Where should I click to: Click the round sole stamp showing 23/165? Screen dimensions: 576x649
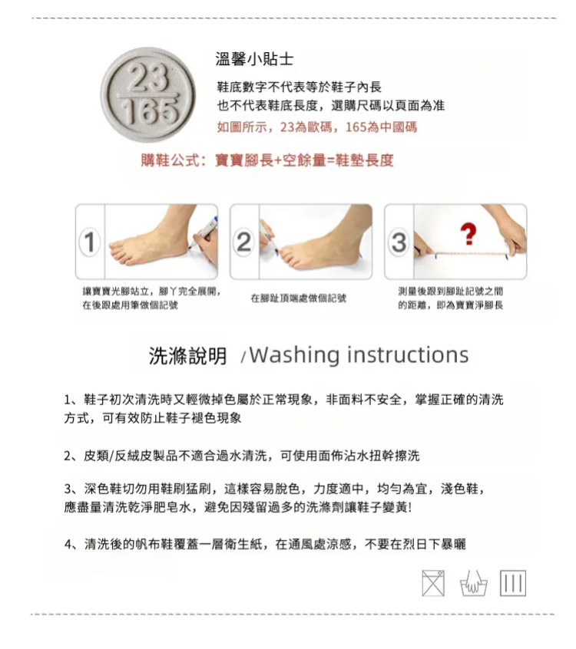click(x=148, y=95)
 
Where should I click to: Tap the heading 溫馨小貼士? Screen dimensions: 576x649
click(x=254, y=59)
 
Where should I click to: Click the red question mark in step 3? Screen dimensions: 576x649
click(x=468, y=233)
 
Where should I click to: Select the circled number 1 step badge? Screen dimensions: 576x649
click(x=90, y=242)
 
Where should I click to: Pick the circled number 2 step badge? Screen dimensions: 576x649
click(x=244, y=242)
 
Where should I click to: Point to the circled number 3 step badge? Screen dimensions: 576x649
click(x=399, y=242)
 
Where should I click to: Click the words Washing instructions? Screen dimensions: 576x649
click(x=359, y=355)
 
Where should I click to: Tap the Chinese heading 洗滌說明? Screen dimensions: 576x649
click(x=187, y=356)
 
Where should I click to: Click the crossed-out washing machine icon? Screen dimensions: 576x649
click(x=433, y=583)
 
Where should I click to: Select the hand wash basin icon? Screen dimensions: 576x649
click(x=474, y=584)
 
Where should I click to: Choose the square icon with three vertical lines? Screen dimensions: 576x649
click(x=513, y=583)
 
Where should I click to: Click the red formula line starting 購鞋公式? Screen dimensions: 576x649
click(x=267, y=160)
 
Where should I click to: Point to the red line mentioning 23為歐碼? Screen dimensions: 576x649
click(x=317, y=127)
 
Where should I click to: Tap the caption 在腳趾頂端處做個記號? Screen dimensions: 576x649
click(x=298, y=298)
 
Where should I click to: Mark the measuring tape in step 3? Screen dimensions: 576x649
click(x=471, y=253)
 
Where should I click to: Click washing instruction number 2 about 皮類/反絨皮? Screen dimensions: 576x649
click(x=242, y=456)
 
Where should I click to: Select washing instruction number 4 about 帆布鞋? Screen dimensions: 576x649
click(x=265, y=544)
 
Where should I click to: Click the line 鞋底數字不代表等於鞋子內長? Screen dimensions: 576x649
click(x=300, y=87)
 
